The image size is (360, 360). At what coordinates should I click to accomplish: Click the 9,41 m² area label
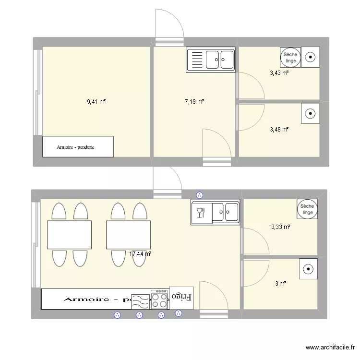point(96,102)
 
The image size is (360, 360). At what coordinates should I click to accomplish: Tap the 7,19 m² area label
point(194,102)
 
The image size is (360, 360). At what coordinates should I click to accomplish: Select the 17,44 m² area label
point(140,254)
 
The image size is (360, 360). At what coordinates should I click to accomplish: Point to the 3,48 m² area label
point(279,130)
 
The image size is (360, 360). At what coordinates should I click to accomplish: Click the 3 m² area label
point(280,284)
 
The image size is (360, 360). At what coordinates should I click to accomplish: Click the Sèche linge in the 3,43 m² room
point(290,58)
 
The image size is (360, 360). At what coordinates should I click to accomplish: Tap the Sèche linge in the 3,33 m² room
point(307,209)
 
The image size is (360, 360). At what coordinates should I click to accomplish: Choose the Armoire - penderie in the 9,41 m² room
point(78,146)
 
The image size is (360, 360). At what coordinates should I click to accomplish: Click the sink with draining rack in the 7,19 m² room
point(211,60)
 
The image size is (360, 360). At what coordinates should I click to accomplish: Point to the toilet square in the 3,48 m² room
point(311,114)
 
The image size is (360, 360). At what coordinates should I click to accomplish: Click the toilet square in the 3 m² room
point(308,269)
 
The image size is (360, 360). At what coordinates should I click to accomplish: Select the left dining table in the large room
point(69,235)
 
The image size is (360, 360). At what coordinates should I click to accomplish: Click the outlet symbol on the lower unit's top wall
point(200,195)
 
